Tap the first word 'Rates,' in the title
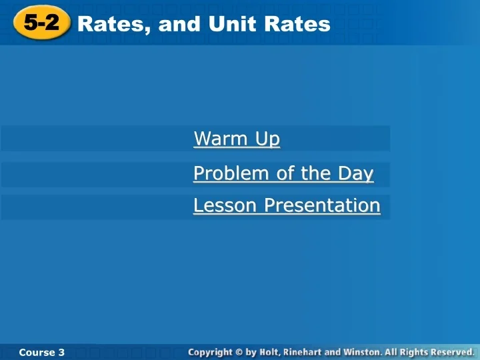(x=115, y=24)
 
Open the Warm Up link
(x=237, y=139)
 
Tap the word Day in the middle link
(x=355, y=173)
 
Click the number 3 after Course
(x=61, y=352)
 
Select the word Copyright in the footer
(x=210, y=351)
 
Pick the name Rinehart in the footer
(x=304, y=351)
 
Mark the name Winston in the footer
(x=363, y=351)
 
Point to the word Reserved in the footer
(x=455, y=351)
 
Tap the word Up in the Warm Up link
(x=266, y=139)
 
